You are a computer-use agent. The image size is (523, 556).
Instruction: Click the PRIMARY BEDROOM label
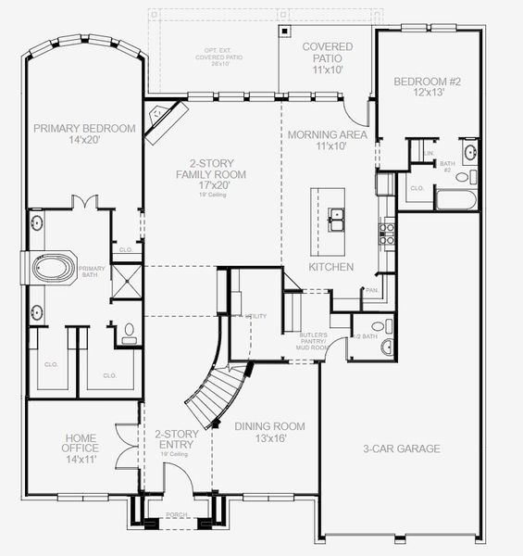click(x=84, y=129)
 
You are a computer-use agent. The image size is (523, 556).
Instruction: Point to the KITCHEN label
click(x=330, y=267)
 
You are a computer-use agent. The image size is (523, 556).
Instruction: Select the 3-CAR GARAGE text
click(x=400, y=449)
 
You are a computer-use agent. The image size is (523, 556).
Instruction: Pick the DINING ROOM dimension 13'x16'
click(x=269, y=439)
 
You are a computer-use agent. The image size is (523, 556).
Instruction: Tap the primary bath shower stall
click(x=128, y=281)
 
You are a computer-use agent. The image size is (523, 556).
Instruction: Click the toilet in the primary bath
click(x=129, y=332)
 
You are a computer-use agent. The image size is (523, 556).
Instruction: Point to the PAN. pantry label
click(x=372, y=291)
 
